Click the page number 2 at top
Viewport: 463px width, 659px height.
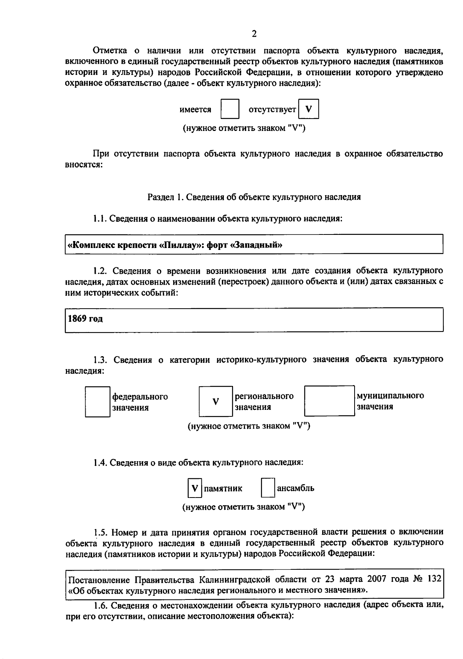(x=254, y=34)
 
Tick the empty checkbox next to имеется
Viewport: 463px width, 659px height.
(x=230, y=109)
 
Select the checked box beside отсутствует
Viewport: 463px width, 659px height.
(x=309, y=109)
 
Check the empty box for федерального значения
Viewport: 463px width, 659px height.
(x=97, y=402)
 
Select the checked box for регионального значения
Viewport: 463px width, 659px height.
(x=216, y=401)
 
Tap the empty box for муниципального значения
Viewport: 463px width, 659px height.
(x=329, y=401)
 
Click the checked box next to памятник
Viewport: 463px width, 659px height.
(x=195, y=488)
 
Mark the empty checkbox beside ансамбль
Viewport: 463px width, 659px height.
(x=268, y=488)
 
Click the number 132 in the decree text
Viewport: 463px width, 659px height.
(x=434, y=579)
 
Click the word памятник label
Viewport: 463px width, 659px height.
(x=223, y=488)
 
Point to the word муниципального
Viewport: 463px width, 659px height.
(x=390, y=396)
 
